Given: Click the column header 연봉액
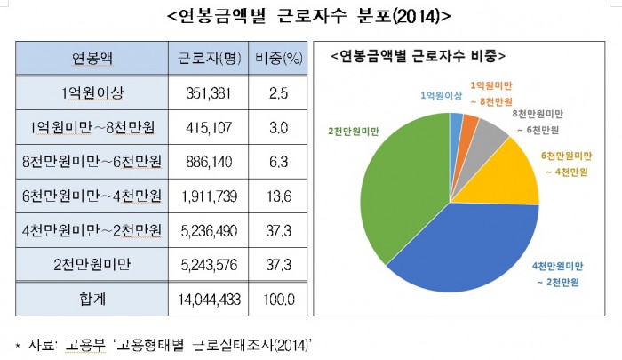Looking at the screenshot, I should (x=92, y=60).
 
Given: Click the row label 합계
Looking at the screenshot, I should (x=92, y=300).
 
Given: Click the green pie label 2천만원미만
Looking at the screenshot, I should (x=353, y=130).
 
